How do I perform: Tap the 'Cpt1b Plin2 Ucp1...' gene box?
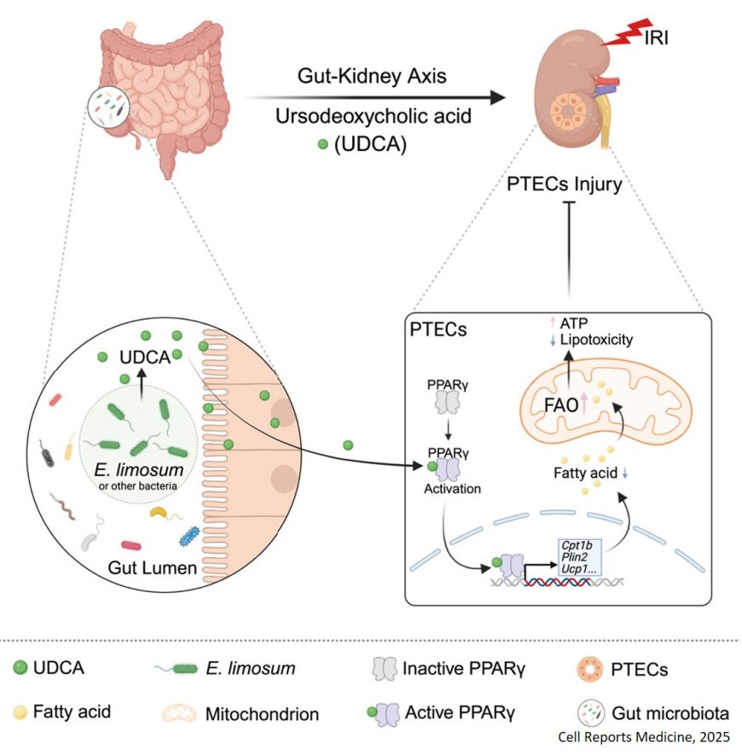click(581, 558)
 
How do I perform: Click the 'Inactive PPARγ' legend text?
click(451, 670)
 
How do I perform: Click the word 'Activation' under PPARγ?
click(452, 490)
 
